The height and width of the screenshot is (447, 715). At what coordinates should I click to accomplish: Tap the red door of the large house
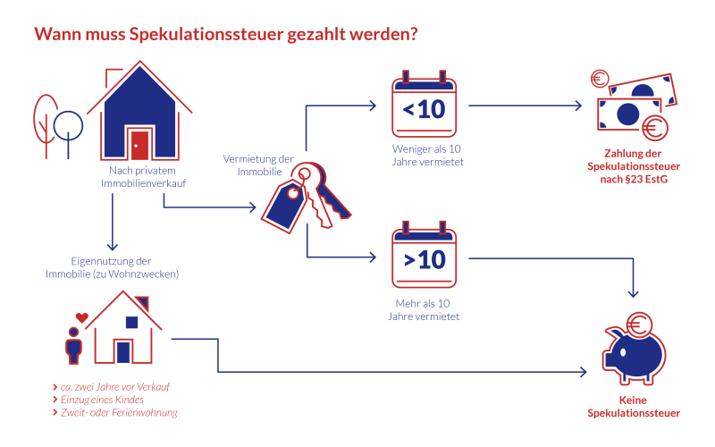[139, 144]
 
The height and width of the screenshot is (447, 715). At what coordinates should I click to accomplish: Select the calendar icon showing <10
[424, 107]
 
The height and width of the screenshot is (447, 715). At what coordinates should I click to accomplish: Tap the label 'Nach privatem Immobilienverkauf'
[148, 176]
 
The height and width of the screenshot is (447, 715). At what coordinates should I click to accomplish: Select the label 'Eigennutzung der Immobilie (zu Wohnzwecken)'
[113, 267]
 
